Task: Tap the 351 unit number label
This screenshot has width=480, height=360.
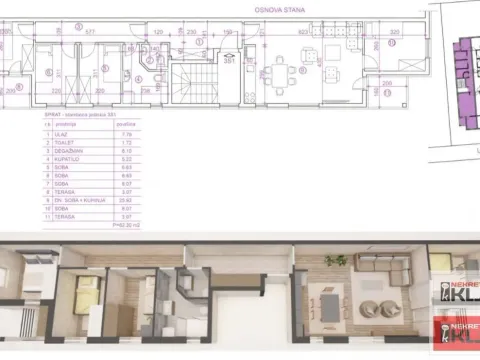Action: point(228,60)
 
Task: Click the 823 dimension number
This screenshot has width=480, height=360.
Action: point(302,32)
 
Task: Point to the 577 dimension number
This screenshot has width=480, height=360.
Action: point(90,32)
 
